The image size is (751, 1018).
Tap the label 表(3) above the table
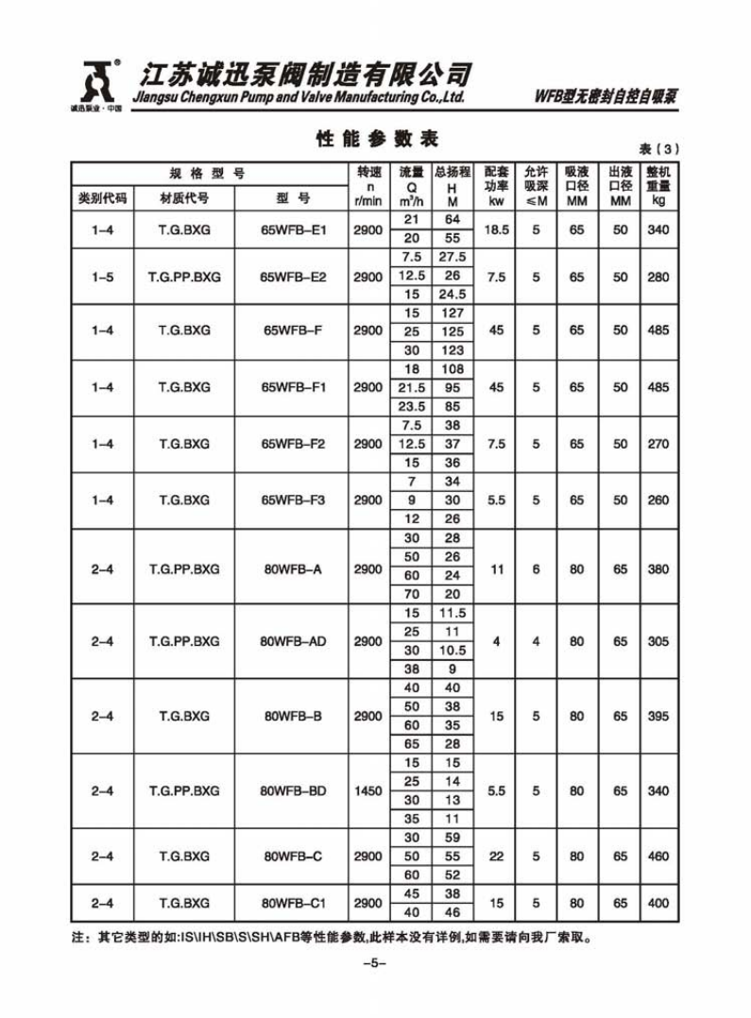pos(658,149)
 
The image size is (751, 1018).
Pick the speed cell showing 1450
pos(367,791)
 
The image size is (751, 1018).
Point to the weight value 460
pos(658,857)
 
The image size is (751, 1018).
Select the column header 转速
pos(367,172)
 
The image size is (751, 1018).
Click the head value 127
pos(452,313)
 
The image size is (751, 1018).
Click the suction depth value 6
pos(536,569)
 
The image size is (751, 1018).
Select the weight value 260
pos(658,501)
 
